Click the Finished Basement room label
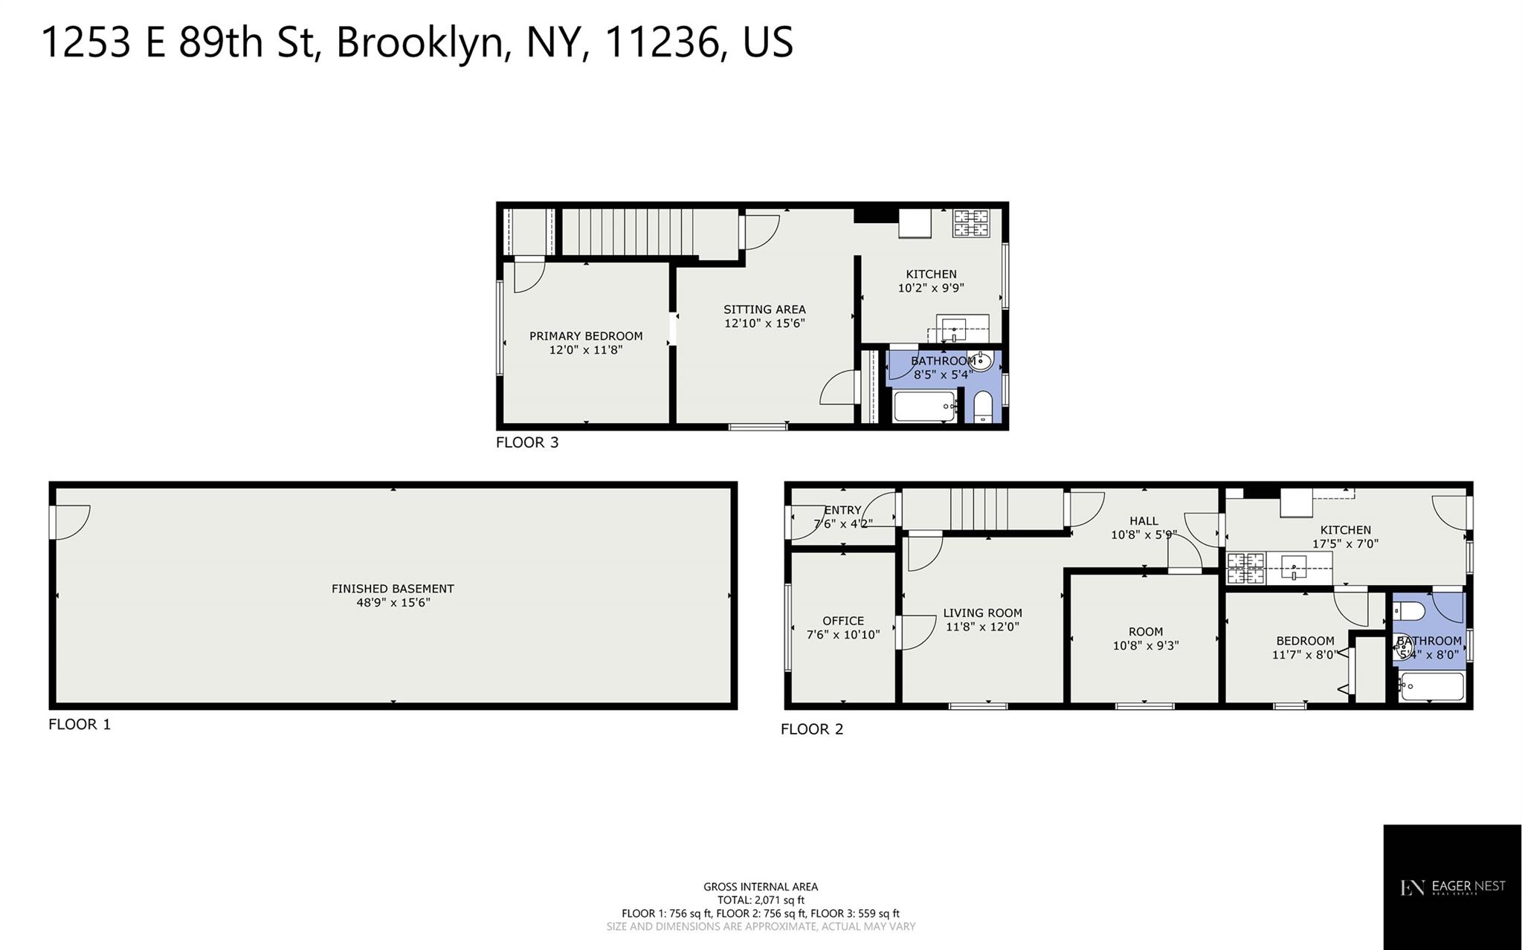[393, 588]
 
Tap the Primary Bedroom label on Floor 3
[586, 336]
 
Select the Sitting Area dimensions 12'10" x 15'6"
[764, 323]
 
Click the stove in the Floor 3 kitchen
[973, 224]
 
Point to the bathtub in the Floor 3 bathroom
[925, 407]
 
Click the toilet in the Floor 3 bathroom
[982, 407]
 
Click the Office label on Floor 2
[843, 621]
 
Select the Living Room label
[982, 613]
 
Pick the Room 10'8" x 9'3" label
[1145, 639]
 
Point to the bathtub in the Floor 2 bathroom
[1431, 687]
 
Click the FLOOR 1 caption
[80, 724]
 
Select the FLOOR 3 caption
[527, 442]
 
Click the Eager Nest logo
[1451, 887]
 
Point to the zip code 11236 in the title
[665, 42]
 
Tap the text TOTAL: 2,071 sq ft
[761, 900]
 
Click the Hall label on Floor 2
[1144, 521]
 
